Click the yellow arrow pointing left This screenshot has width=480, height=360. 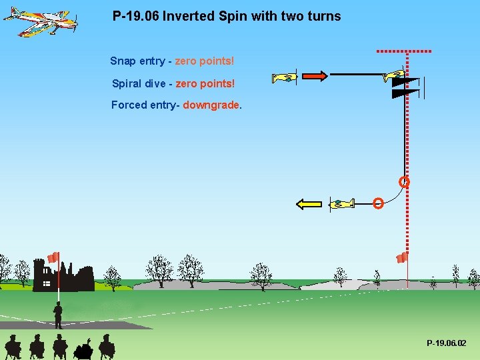coord(309,204)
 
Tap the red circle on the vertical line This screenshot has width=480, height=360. coord(404,181)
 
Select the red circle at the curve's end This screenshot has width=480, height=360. coord(378,203)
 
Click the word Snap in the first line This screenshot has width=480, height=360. coord(123,61)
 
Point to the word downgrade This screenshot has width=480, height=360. coord(211,105)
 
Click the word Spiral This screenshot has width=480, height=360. coord(125,83)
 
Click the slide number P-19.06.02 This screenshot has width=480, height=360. coord(447,343)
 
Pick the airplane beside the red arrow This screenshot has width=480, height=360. coord(285,77)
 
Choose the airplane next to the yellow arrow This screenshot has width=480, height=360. coord(341,203)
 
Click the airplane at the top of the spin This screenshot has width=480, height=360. coord(393,75)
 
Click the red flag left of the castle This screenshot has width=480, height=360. coord(53,257)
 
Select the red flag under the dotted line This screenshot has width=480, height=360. coord(402,257)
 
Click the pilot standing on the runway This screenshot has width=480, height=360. coord(58,315)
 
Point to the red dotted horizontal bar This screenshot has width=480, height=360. coord(404,51)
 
